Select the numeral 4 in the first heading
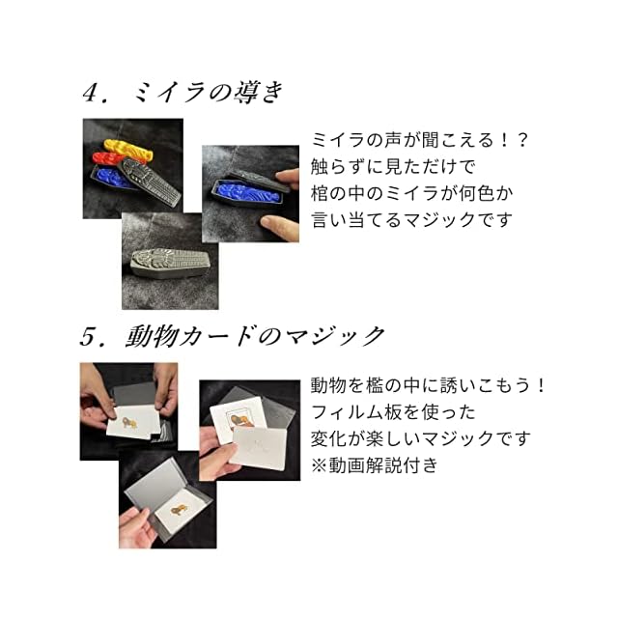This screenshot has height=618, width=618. (x=90, y=94)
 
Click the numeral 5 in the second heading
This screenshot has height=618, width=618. (x=88, y=337)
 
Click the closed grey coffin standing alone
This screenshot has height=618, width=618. (x=170, y=263)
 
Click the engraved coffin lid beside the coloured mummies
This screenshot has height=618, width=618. (x=151, y=181)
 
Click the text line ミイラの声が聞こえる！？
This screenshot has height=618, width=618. (x=419, y=140)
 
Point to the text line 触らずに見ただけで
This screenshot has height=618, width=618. (x=393, y=167)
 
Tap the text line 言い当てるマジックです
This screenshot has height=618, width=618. (x=412, y=220)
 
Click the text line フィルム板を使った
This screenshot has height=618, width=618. (x=393, y=412)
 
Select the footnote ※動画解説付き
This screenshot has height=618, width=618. (x=375, y=465)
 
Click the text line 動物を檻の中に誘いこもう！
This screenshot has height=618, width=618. (x=428, y=386)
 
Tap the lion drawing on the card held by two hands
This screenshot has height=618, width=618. (x=129, y=423)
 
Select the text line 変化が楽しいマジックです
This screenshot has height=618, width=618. (x=420, y=439)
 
